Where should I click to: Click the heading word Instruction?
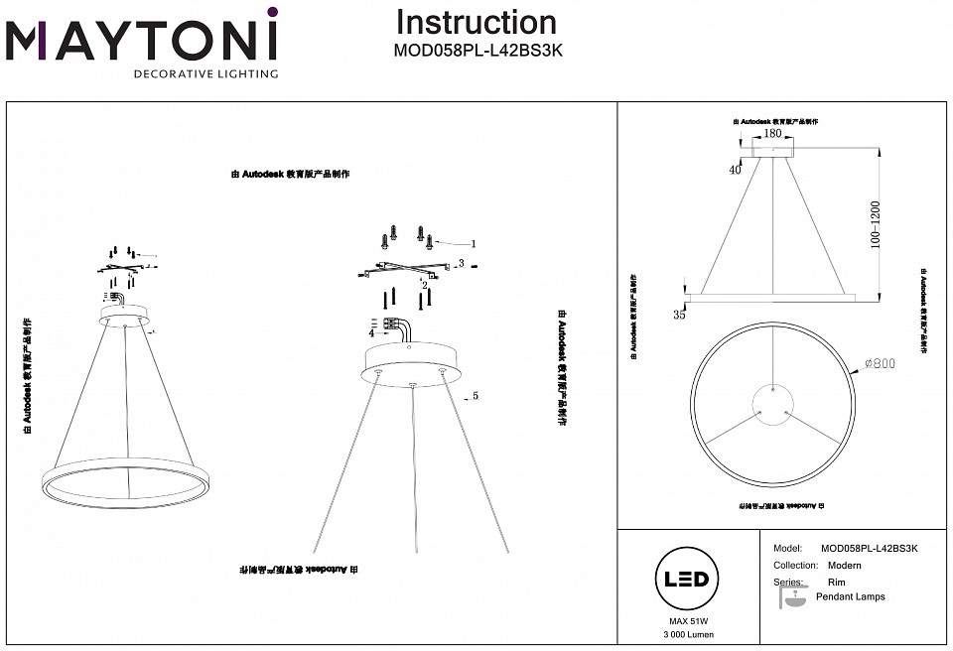point(476,22)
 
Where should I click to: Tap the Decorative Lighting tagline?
point(205,73)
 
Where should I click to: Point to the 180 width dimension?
point(774,132)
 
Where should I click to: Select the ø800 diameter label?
point(881,364)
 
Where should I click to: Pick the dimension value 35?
point(679,316)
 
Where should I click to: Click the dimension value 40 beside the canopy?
point(735,170)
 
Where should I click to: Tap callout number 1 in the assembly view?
point(474,243)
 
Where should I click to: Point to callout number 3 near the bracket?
point(462,263)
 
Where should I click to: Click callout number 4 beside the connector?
point(371,333)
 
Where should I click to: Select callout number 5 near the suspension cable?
point(476,395)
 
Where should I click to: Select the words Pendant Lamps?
point(850,596)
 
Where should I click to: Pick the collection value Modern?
point(844,565)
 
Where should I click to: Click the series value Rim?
point(836,583)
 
